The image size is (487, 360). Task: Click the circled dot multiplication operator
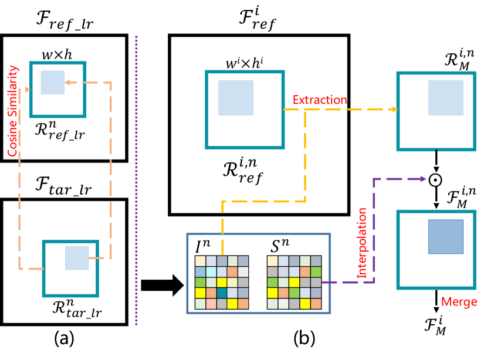click(435, 179)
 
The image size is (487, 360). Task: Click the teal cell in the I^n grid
click(222, 293)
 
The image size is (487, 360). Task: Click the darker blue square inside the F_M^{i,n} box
click(445, 237)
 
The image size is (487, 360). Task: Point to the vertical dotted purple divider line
click(137, 176)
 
